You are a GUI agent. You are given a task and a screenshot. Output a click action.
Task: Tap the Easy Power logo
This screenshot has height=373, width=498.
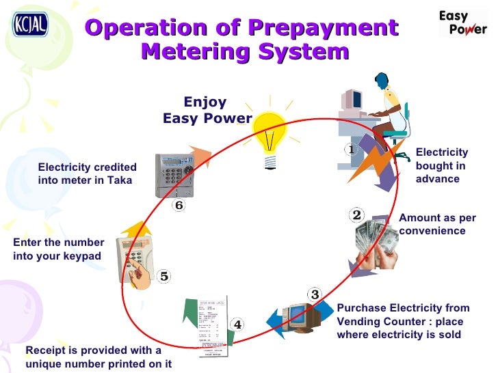tap(462, 22)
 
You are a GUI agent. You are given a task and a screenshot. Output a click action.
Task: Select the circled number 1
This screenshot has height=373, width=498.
tap(350, 148)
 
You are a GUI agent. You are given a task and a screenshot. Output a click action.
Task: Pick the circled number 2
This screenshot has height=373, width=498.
tap(356, 215)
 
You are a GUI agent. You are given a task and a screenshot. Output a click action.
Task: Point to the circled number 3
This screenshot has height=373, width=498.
tap(315, 294)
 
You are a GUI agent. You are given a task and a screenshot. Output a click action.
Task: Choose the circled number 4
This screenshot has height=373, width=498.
tap(237, 324)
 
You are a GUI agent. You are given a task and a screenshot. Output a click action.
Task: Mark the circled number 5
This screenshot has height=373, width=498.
tap(163, 276)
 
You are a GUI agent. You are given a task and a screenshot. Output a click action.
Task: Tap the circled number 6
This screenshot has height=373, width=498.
tap(179, 205)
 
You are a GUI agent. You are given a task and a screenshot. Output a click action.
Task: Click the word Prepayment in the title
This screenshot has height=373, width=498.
tap(323, 28)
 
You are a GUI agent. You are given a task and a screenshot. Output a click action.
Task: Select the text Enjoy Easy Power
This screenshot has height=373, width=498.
tap(207, 110)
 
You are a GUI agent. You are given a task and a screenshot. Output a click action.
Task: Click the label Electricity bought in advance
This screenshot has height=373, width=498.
tap(441, 165)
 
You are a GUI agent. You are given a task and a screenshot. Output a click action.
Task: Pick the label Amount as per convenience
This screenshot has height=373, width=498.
tap(436, 224)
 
